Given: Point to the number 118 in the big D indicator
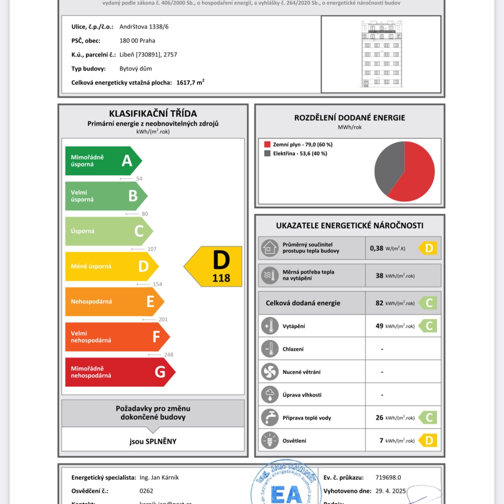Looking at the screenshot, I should pyautogui.click(x=221, y=278).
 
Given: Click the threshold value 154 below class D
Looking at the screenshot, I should pyautogui.click(x=157, y=284).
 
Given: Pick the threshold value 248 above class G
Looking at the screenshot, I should pyautogui.click(x=168, y=354).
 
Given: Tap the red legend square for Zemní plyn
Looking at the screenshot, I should pyautogui.click(x=267, y=145).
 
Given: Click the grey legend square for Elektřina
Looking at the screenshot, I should pyautogui.click(x=267, y=154).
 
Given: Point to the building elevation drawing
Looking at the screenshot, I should pyautogui.click(x=380, y=54).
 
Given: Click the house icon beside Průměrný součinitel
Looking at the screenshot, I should pyautogui.click(x=270, y=248).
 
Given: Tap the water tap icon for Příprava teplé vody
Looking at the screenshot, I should pyautogui.click(x=270, y=418).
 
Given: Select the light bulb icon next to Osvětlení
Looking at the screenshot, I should pyautogui.click(x=270, y=441).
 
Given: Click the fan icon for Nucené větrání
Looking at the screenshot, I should pyautogui.click(x=270, y=372).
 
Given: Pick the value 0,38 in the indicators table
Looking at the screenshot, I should pyautogui.click(x=377, y=248).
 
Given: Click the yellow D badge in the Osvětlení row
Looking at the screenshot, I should pyautogui.click(x=428, y=441).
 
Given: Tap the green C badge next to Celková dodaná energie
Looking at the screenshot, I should pyautogui.click(x=428, y=303).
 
